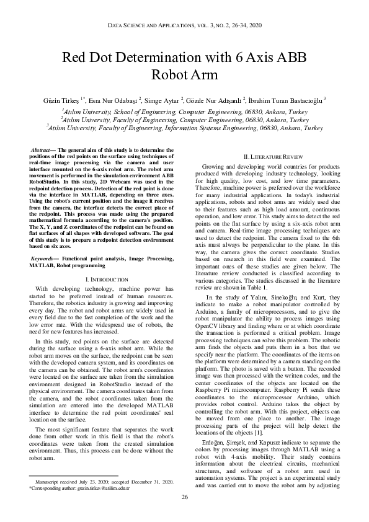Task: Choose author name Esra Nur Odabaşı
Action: [114, 100]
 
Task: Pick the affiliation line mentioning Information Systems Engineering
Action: [185, 128]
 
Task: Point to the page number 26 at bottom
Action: [184, 498]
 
